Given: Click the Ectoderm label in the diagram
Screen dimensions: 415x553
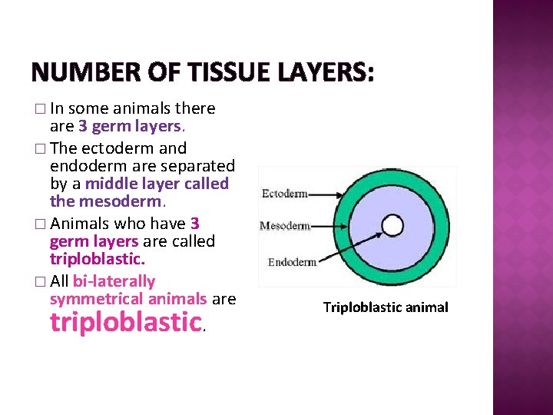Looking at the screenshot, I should [x=284, y=194].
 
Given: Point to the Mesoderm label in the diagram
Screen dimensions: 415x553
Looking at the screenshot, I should [x=285, y=226].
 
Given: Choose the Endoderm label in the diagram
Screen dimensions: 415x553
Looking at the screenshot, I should [x=292, y=262].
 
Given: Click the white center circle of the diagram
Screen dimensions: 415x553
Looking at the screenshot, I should [x=392, y=225].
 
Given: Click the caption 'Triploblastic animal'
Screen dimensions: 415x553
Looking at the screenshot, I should [x=386, y=307].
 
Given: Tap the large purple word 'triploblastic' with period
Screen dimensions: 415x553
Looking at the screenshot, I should [x=127, y=322].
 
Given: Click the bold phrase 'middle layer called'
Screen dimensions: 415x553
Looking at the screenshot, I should [x=157, y=184].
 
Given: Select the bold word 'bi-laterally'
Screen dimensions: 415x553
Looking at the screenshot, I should [x=114, y=281].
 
